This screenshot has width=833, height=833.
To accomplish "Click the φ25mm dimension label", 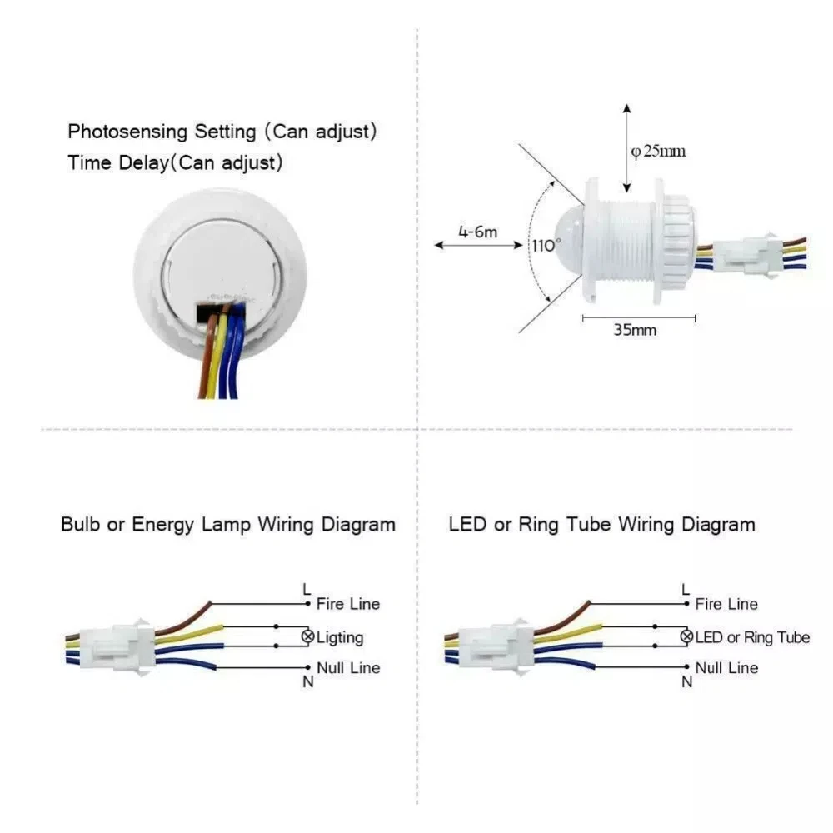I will (658, 152).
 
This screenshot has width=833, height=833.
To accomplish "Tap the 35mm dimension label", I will (635, 330).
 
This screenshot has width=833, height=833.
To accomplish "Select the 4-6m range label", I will (477, 232).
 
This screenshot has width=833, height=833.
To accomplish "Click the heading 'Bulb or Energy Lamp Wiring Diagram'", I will (227, 525).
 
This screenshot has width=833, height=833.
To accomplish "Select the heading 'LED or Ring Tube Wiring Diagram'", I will (601, 525).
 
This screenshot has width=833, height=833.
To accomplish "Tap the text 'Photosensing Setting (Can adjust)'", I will (222, 132).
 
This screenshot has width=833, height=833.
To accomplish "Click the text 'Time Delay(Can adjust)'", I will (175, 162).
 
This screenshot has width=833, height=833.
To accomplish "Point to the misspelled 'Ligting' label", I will (340, 638).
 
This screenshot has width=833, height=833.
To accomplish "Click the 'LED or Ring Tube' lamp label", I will (751, 638).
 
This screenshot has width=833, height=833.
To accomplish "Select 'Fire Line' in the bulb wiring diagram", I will (347, 604).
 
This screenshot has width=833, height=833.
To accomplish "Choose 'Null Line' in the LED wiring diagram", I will (726, 668).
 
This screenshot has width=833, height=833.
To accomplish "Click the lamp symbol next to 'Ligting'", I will (307, 637).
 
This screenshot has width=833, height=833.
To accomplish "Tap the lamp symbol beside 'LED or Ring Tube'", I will (686, 637).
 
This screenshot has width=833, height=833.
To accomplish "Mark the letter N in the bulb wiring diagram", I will (308, 682).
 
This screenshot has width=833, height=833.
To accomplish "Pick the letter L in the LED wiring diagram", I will (686, 590).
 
